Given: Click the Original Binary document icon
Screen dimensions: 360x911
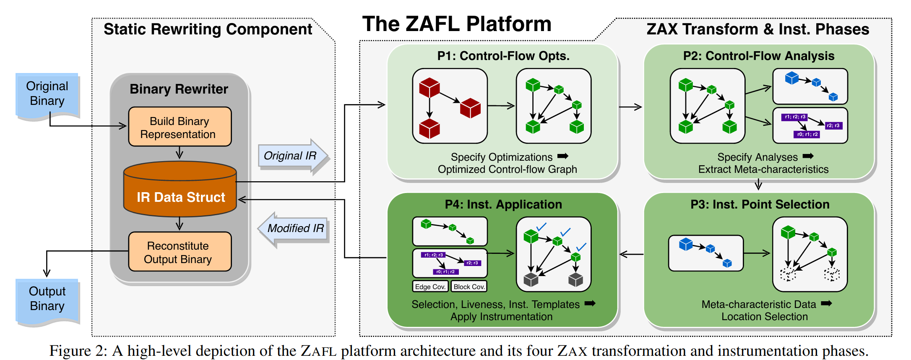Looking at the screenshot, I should pos(47,95).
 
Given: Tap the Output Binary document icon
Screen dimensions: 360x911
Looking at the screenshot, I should pos(47,300).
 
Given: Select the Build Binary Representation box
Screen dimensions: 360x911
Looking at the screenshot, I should pos(180,127).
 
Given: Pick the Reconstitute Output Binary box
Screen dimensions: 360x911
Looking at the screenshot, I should pos(180,252).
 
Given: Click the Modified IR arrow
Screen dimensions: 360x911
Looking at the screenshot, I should pos(294,228).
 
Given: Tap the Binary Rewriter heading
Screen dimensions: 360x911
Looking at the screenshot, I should pos(179,89).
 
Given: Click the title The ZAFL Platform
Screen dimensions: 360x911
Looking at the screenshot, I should pos(456,24).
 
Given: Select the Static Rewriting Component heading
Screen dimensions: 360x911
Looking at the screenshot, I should pos(208,29).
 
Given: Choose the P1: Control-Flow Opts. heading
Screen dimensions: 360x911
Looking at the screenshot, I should pos(503,56).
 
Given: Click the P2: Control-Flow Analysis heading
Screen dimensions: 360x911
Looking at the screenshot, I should pos(758,56).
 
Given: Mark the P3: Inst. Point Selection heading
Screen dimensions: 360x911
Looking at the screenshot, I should pos(760,204).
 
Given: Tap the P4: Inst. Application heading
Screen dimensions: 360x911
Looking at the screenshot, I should pos(503,204).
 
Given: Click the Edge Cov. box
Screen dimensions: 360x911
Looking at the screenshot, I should pos(430,287).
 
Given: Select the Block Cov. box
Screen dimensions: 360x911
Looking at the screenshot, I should pos(469,287).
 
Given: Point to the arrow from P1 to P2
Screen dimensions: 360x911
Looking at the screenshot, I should pos(630,107).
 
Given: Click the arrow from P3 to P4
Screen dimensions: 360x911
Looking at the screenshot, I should pos(631,254).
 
